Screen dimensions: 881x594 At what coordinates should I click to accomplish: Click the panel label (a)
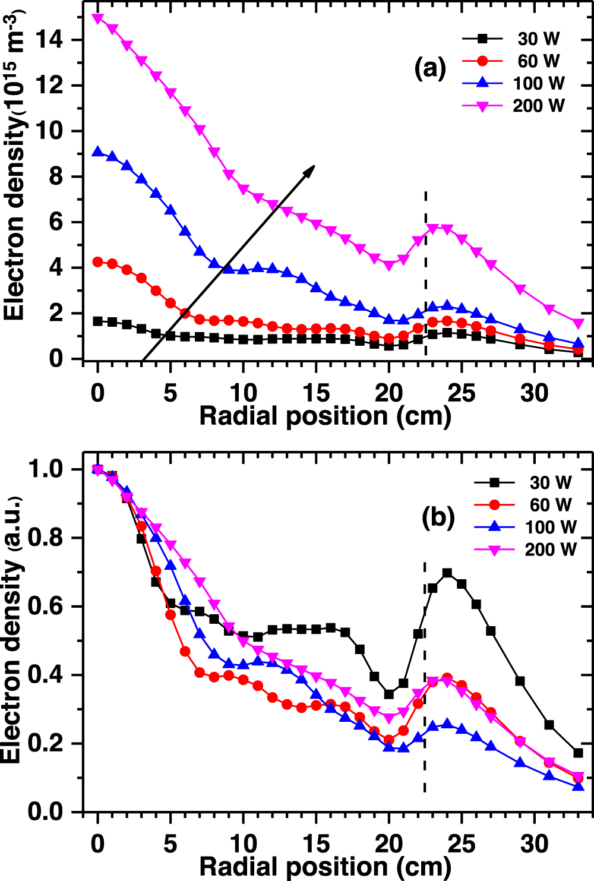click(429, 68)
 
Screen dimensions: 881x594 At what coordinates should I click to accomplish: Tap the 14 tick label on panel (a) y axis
click(50, 40)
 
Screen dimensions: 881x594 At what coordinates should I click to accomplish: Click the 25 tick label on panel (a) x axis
click(461, 393)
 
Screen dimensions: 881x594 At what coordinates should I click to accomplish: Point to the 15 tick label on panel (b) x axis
click(315, 844)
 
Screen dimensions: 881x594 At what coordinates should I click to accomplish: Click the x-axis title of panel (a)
click(325, 416)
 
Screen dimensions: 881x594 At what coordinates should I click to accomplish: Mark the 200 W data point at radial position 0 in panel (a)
click(98, 18)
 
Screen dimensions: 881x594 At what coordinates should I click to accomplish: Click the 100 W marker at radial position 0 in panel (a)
click(98, 152)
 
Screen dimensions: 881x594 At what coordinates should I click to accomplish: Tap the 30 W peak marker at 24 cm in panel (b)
click(447, 573)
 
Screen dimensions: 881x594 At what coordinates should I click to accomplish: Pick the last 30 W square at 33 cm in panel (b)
click(578, 753)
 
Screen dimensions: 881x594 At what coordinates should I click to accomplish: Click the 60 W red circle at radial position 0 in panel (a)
click(98, 262)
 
